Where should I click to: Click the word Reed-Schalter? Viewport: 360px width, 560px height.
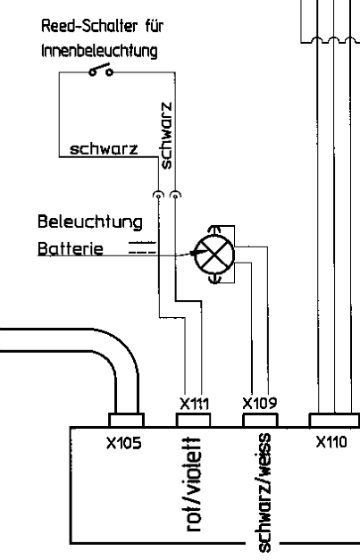click(89, 26)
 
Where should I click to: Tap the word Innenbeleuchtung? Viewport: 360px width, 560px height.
click(99, 51)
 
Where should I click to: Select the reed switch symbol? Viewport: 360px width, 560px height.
click(101, 70)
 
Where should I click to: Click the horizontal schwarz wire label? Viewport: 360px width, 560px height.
click(104, 149)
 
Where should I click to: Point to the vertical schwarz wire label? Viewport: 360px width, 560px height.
click(166, 136)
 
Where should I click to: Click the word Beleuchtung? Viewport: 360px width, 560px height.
click(90, 222)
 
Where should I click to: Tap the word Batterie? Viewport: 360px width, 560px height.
click(71, 248)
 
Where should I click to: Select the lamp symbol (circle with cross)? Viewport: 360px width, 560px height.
click(214, 255)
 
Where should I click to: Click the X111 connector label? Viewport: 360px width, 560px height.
click(194, 404)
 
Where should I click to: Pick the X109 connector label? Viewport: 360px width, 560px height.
click(260, 403)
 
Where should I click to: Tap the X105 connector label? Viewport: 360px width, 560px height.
click(124, 443)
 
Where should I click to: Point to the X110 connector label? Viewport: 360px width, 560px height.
click(331, 442)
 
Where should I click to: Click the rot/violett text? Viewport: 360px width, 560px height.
click(194, 484)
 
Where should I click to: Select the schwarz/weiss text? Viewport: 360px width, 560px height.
click(264, 493)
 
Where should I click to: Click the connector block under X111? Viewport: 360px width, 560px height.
click(193, 421)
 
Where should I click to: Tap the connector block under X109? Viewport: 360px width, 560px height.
click(260, 421)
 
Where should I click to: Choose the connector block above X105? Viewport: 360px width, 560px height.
click(127, 421)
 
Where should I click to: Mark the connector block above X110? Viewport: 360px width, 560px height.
click(335, 421)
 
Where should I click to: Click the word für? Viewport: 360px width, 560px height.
click(155, 26)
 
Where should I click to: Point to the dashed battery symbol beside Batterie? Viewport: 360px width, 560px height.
click(142, 247)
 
